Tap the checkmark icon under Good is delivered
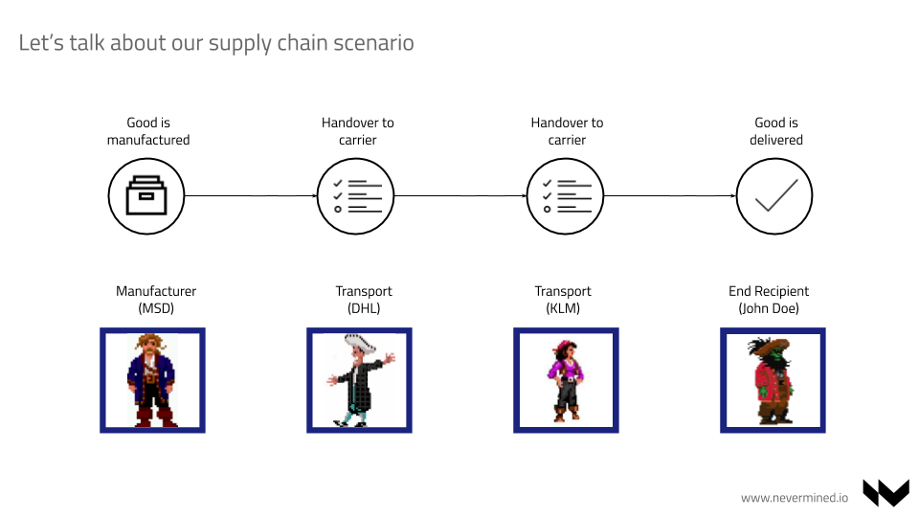coord(774,196)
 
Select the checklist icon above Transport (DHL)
coord(356,196)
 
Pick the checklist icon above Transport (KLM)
coord(566,196)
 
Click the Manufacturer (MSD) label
coord(156,300)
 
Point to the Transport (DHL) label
coord(364,300)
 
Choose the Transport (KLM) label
coord(563,300)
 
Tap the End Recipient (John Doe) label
coord(769,300)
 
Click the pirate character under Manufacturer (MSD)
coord(152,380)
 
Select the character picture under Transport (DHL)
coord(359,380)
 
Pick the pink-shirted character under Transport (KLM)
coord(566,380)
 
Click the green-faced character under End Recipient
coord(773,380)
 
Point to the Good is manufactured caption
coord(148,131)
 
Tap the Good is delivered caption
coord(776,131)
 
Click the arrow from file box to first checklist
coord(251,195)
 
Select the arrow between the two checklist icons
coord(460,195)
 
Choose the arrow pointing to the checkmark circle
coord(670,195)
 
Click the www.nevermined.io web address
coord(795,497)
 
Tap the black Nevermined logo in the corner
coord(885,492)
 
